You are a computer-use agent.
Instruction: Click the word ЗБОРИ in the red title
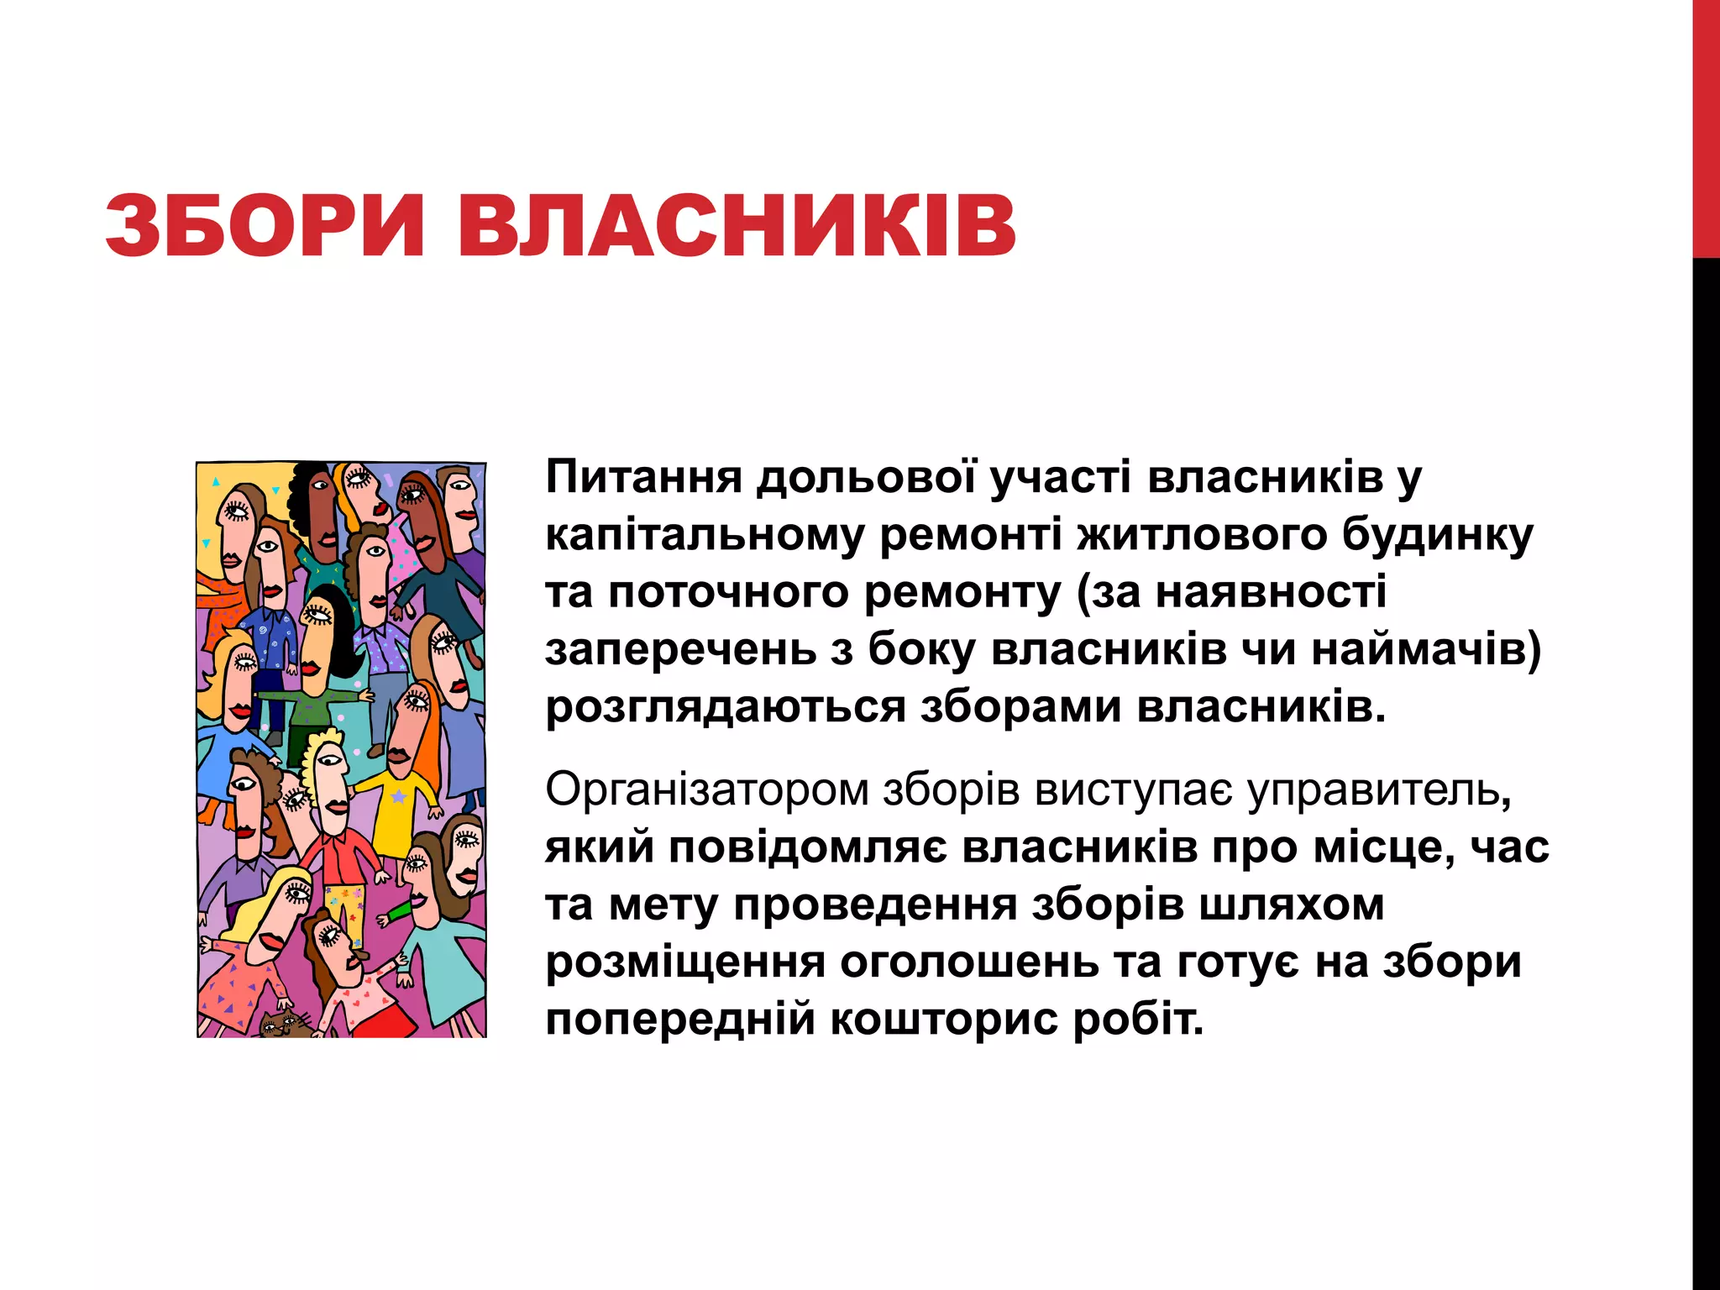(265, 225)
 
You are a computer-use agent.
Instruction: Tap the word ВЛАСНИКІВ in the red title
(737, 225)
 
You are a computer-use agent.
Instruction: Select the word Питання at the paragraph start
(643, 477)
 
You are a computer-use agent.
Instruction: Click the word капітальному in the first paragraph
(704, 535)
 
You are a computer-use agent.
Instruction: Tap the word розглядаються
(726, 707)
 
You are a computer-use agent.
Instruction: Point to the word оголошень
(968, 962)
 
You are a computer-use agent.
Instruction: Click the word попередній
(680, 1020)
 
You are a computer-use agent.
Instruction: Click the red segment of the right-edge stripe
(1706, 126)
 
